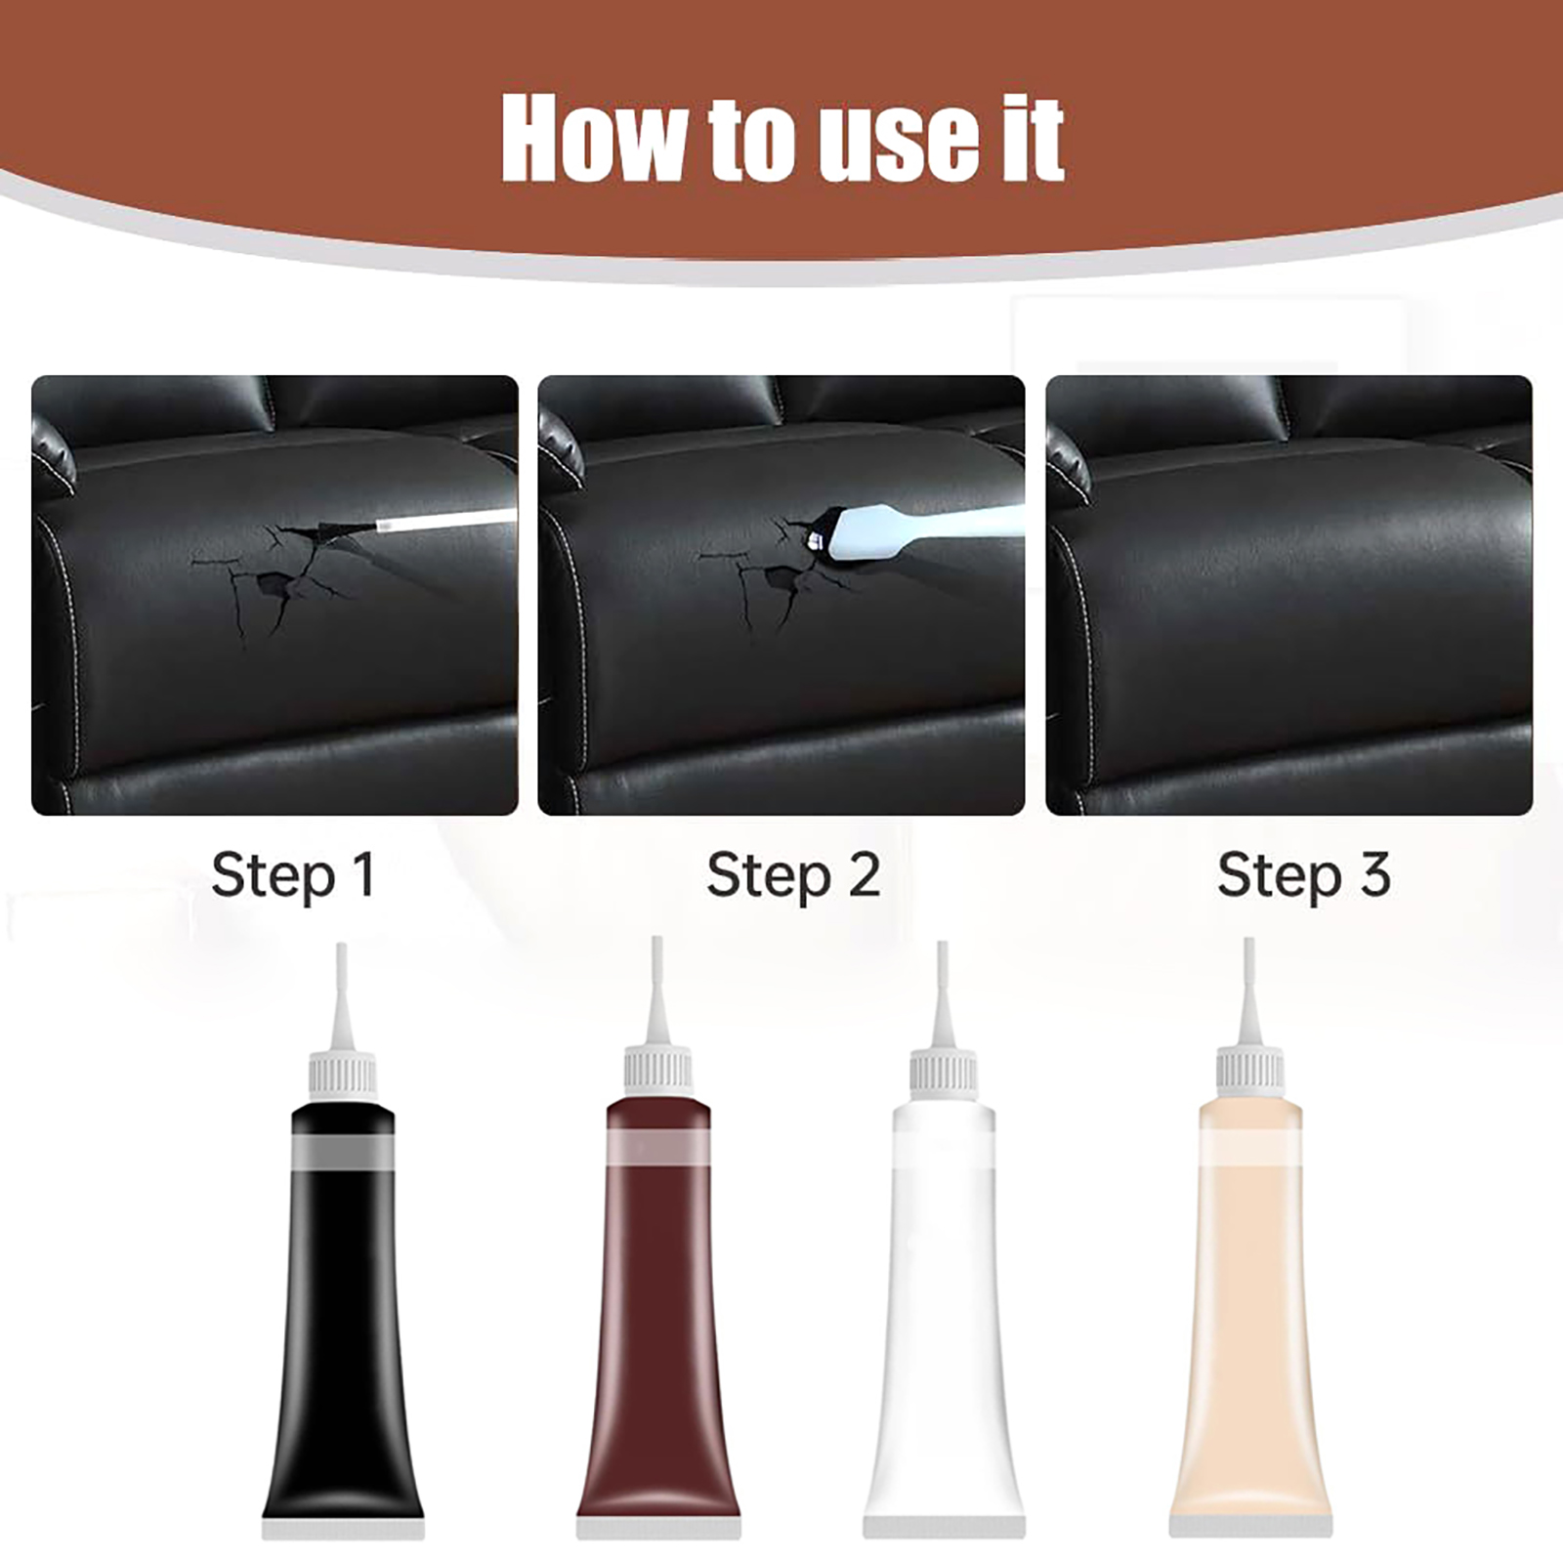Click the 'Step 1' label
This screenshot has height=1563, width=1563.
[x=293, y=874]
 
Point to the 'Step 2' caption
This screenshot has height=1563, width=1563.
[x=793, y=874]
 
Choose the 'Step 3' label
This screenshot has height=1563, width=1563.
[x=1303, y=874]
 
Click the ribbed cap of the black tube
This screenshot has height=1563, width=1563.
[x=343, y=1074]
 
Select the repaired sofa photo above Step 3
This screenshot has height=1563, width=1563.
[x=1288, y=595]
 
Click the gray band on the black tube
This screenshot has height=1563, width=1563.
[x=343, y=1153]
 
